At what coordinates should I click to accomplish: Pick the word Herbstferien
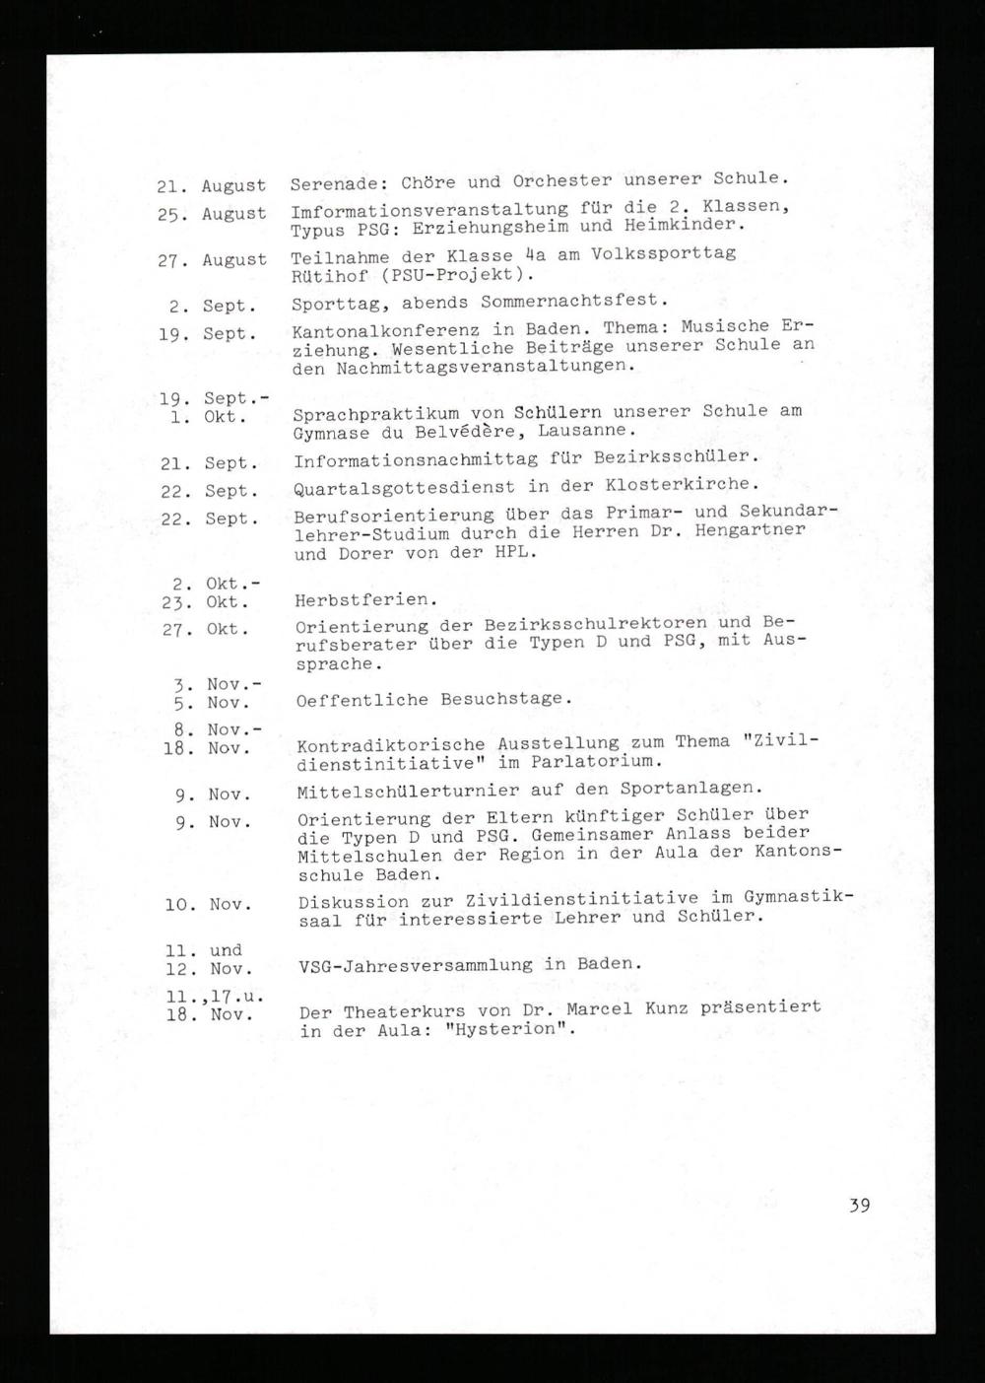[365, 600]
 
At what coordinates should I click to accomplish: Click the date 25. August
[211, 214]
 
